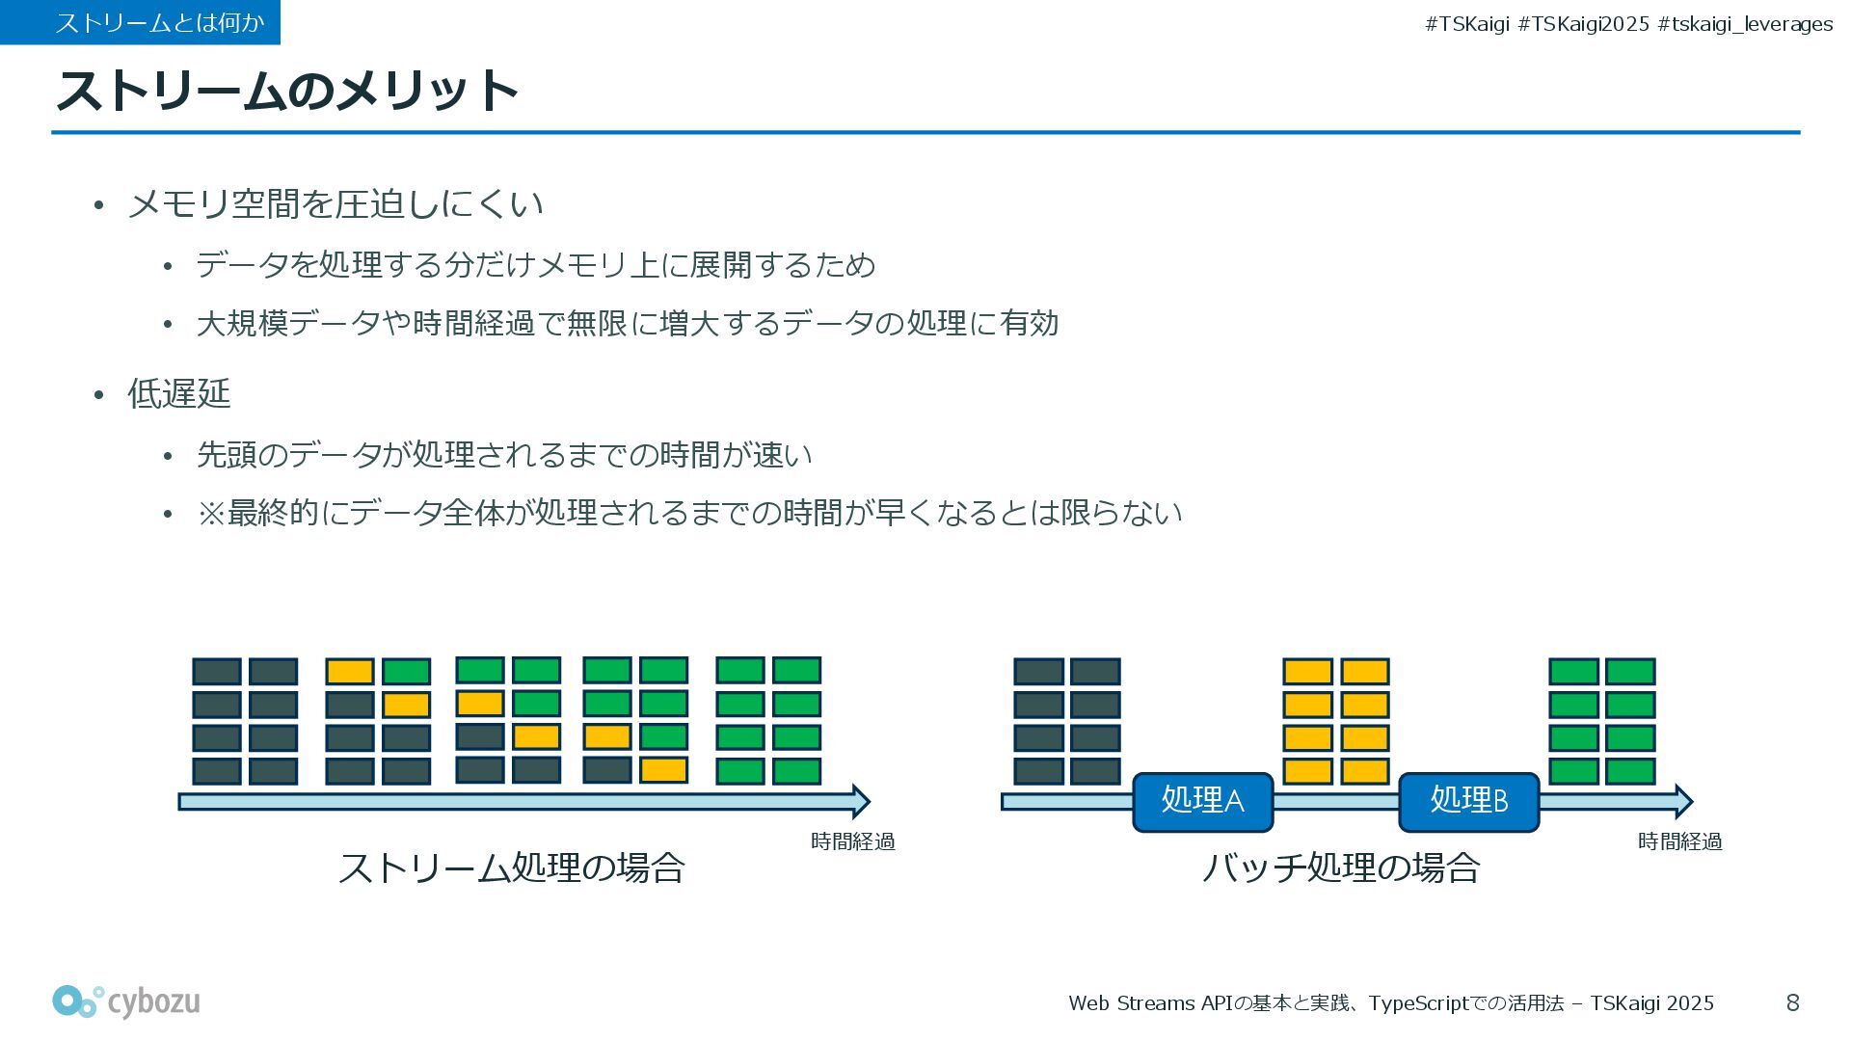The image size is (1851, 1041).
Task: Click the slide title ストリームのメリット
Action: coord(287,91)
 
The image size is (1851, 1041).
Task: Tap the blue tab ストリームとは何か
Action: coord(141,22)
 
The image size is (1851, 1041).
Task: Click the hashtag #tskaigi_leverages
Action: coord(1745,24)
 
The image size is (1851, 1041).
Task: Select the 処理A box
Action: coord(1202,801)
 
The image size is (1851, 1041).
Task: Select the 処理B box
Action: coord(1468,801)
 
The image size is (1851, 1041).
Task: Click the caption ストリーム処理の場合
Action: coord(511,867)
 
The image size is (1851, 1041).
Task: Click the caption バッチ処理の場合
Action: coord(1340,867)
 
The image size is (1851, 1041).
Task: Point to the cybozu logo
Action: coord(126,1002)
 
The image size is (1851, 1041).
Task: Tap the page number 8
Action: coord(1792,1003)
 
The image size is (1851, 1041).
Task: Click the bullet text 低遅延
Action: coord(179,393)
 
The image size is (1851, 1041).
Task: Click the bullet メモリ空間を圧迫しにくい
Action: coord(335,203)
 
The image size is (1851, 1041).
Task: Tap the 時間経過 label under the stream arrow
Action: coord(852,841)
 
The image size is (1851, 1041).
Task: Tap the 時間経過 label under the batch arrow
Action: coord(1679,841)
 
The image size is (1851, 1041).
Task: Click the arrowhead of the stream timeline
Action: coord(861,801)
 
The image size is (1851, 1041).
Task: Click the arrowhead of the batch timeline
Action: coord(1683,801)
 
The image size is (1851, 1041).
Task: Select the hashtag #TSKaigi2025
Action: coord(1583,24)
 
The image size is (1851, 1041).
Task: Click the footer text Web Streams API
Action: coord(1151,1003)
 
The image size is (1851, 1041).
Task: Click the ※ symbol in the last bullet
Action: coord(210,513)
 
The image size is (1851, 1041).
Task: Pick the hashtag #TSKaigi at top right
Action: coord(1466,24)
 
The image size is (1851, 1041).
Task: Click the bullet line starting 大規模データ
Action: coord(627,323)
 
